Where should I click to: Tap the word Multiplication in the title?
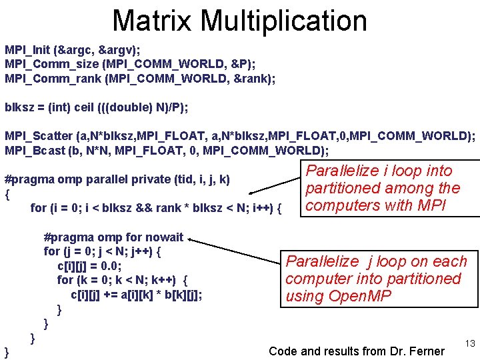tap(284, 21)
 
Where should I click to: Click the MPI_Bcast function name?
tap(34, 151)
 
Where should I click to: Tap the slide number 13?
tap(469, 343)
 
